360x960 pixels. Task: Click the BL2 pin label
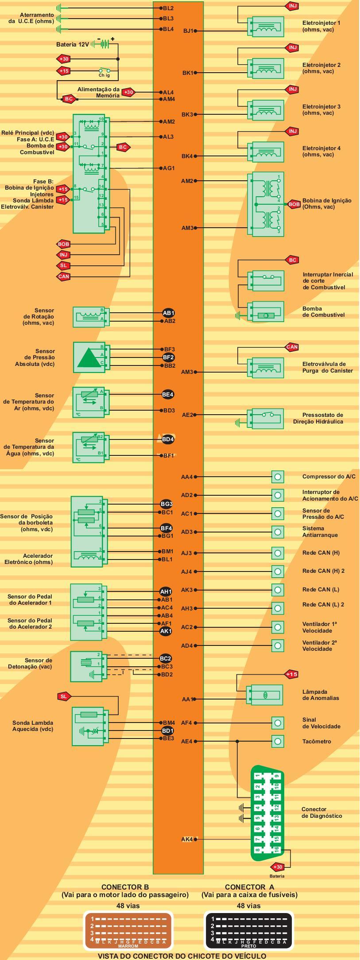tap(168, 8)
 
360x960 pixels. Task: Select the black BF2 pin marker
tap(168, 357)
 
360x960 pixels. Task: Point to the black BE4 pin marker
tap(168, 394)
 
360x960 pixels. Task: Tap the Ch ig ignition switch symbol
tap(105, 70)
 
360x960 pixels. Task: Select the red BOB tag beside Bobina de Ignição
tap(294, 204)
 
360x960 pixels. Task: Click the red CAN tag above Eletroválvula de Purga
tap(292, 347)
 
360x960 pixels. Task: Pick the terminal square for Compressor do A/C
tap(278, 477)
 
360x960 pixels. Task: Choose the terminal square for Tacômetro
tap(278, 741)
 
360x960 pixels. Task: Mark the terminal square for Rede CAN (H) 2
tap(278, 571)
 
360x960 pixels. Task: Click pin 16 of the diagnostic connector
tap(276, 849)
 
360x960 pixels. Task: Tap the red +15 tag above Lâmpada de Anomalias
tap(291, 674)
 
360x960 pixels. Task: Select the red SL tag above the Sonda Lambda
tap(64, 696)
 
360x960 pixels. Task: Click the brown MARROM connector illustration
tap(128, 930)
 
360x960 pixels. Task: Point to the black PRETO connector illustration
tap(248, 930)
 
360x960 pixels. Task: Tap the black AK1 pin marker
tap(166, 631)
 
